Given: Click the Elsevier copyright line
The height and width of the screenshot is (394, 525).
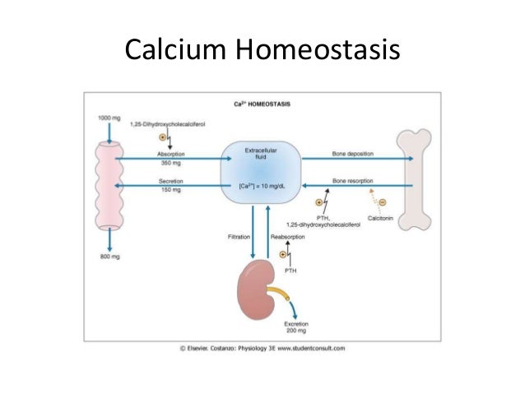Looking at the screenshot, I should (262, 348).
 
